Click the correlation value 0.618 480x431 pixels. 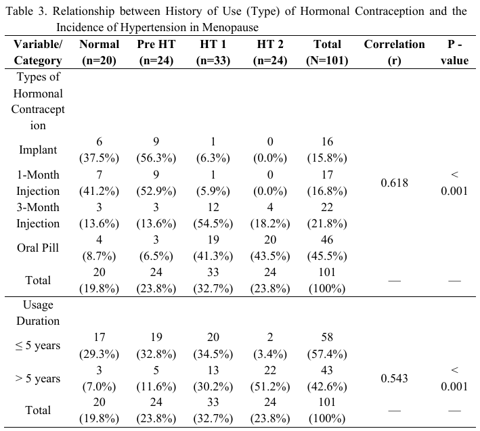click(x=394, y=183)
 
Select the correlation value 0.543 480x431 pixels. click(x=394, y=378)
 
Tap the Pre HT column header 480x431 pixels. click(x=156, y=52)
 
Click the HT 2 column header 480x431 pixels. click(x=270, y=52)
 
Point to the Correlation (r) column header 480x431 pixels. click(x=394, y=52)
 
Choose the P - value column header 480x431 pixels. click(x=454, y=52)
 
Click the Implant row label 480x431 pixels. click(x=38, y=150)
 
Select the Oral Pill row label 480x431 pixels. click(x=38, y=248)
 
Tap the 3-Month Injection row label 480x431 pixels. click(x=38, y=215)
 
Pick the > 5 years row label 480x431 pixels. click(x=38, y=378)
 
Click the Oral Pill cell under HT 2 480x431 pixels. click(x=270, y=248)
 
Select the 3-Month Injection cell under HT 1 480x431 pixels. click(x=213, y=215)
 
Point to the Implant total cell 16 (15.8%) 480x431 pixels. click(x=327, y=150)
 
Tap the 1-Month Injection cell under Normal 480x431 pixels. click(x=100, y=183)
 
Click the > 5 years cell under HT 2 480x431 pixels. click(x=270, y=378)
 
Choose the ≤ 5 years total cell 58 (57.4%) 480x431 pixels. click(x=327, y=346)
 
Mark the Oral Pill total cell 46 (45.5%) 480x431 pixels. click(x=327, y=248)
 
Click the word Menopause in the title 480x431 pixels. click(x=230, y=27)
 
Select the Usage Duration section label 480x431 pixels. click(x=38, y=313)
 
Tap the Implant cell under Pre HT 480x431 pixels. click(x=156, y=150)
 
